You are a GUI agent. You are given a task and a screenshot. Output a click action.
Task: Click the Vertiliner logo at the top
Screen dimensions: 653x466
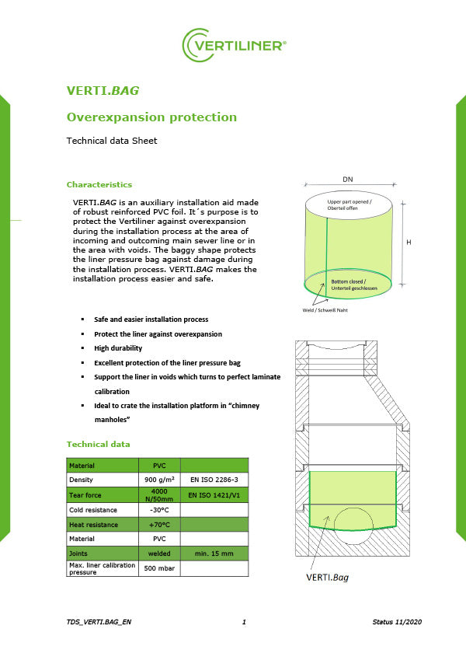[233, 45]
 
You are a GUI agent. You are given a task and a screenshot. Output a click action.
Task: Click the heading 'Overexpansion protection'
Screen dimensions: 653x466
[151, 117]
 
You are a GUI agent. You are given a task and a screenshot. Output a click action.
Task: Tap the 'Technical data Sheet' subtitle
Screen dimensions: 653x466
[112, 141]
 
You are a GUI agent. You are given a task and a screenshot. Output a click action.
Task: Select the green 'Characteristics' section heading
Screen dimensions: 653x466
[99, 184]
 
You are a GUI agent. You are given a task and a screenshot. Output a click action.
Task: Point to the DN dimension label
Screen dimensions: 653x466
[347, 180]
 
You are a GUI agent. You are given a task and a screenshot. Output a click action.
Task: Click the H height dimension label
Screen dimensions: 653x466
[409, 243]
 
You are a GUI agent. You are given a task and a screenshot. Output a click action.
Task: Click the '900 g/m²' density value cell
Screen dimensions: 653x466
[158, 480]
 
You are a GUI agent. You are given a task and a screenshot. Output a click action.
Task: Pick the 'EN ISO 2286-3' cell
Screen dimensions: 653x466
[214, 480]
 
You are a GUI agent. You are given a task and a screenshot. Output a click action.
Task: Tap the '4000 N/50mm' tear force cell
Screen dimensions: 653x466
[158, 494]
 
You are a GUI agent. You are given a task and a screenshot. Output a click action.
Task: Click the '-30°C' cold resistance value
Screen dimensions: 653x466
[158, 510]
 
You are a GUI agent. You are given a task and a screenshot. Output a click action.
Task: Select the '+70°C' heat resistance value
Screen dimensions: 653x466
[158, 525]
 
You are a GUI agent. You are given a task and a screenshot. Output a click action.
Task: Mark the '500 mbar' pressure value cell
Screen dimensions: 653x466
[158, 568]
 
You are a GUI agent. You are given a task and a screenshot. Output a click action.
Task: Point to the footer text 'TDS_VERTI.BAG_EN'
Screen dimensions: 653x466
[99, 623]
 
